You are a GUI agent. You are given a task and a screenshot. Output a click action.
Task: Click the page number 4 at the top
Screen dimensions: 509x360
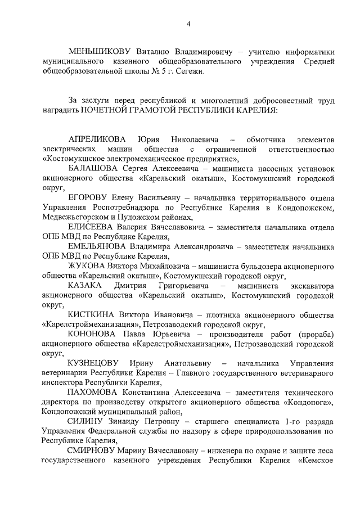pyautogui.click(x=188, y=23)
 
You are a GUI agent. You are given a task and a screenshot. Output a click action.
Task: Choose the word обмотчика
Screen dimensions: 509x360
pyautogui.click(x=270, y=139)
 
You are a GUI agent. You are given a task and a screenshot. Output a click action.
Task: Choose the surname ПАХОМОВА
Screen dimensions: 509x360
pyautogui.click(x=96, y=393)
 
